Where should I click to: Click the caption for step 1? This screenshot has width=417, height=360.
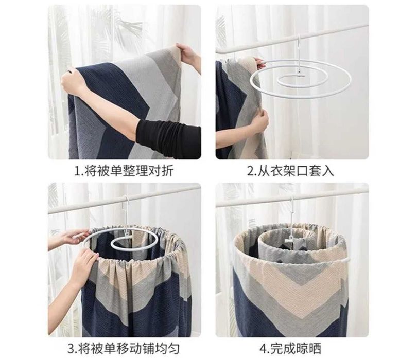coord(124,171)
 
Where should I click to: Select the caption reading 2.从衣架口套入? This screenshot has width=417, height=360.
coord(290,171)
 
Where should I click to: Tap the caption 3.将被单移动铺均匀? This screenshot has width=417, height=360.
coord(124,348)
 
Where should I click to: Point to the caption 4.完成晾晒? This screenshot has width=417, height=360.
coord(290,348)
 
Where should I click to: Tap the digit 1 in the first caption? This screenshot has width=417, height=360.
coord(77,171)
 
